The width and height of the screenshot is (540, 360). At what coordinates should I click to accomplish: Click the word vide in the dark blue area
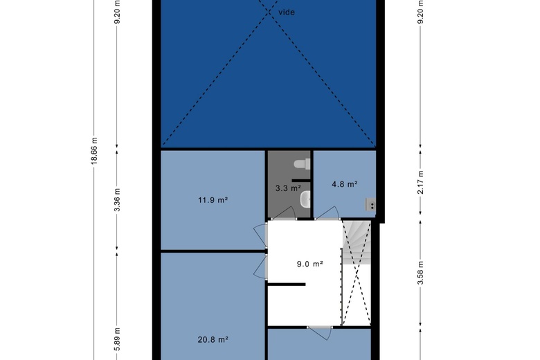(x=287, y=12)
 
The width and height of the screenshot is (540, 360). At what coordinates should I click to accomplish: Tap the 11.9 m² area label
(x=213, y=200)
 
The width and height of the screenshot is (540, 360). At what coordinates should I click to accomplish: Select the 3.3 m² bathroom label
(x=288, y=188)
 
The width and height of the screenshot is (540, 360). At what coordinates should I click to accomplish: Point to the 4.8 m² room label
(x=344, y=184)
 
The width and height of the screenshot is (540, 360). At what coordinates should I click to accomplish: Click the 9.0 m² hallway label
(x=310, y=264)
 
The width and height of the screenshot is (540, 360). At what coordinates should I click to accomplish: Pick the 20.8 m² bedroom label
(x=213, y=340)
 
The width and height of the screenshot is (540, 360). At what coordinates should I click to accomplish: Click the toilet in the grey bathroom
(x=303, y=164)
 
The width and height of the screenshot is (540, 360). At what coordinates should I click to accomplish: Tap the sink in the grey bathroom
(x=305, y=200)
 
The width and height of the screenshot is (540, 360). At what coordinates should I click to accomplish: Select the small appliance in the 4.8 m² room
(x=370, y=204)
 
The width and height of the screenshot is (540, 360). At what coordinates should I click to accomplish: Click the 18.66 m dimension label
(x=94, y=151)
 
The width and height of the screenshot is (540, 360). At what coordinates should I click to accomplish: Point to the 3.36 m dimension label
(x=117, y=200)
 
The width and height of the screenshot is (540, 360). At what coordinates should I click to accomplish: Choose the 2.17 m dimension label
(x=420, y=182)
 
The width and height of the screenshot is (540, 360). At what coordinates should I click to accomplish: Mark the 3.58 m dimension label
(x=420, y=273)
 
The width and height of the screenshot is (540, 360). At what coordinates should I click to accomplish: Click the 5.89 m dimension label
(x=117, y=339)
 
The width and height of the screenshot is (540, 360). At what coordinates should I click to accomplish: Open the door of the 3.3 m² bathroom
(x=284, y=214)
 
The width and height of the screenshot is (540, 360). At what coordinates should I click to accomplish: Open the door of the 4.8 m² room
(x=328, y=214)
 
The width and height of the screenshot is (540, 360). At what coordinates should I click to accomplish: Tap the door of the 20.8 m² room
(x=261, y=267)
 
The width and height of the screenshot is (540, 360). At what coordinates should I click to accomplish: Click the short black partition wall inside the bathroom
(x=302, y=180)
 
